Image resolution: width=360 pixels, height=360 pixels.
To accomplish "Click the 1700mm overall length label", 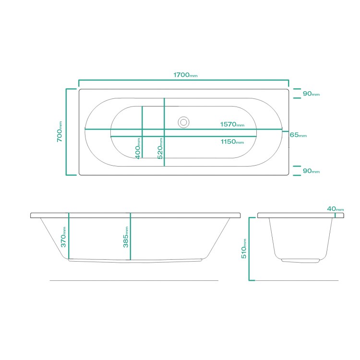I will pos(185,75).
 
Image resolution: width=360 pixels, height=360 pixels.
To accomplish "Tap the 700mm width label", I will pos(60,131).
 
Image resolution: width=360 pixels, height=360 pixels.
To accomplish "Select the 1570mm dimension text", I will pos(232,124).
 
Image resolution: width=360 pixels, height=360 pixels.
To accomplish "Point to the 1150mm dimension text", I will pos(232,142).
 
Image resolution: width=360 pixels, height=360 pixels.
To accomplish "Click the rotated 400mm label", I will pos(138,148).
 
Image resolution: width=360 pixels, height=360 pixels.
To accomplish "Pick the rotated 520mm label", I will pos(160,148).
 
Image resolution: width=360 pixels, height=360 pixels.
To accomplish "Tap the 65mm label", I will pos(298,135).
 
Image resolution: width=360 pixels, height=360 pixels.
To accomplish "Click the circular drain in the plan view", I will pos(183,122).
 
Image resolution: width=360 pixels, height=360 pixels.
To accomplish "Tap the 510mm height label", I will pos(245,249).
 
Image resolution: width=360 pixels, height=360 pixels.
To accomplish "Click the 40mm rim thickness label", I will pos(336,209).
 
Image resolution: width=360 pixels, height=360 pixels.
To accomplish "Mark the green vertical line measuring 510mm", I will pos(250,249).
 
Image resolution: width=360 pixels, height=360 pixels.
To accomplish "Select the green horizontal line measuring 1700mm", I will pos(184,80).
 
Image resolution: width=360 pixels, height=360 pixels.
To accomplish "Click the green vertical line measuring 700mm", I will pos(66,132).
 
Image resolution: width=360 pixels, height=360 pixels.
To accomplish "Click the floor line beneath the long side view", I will pos(134,280).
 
